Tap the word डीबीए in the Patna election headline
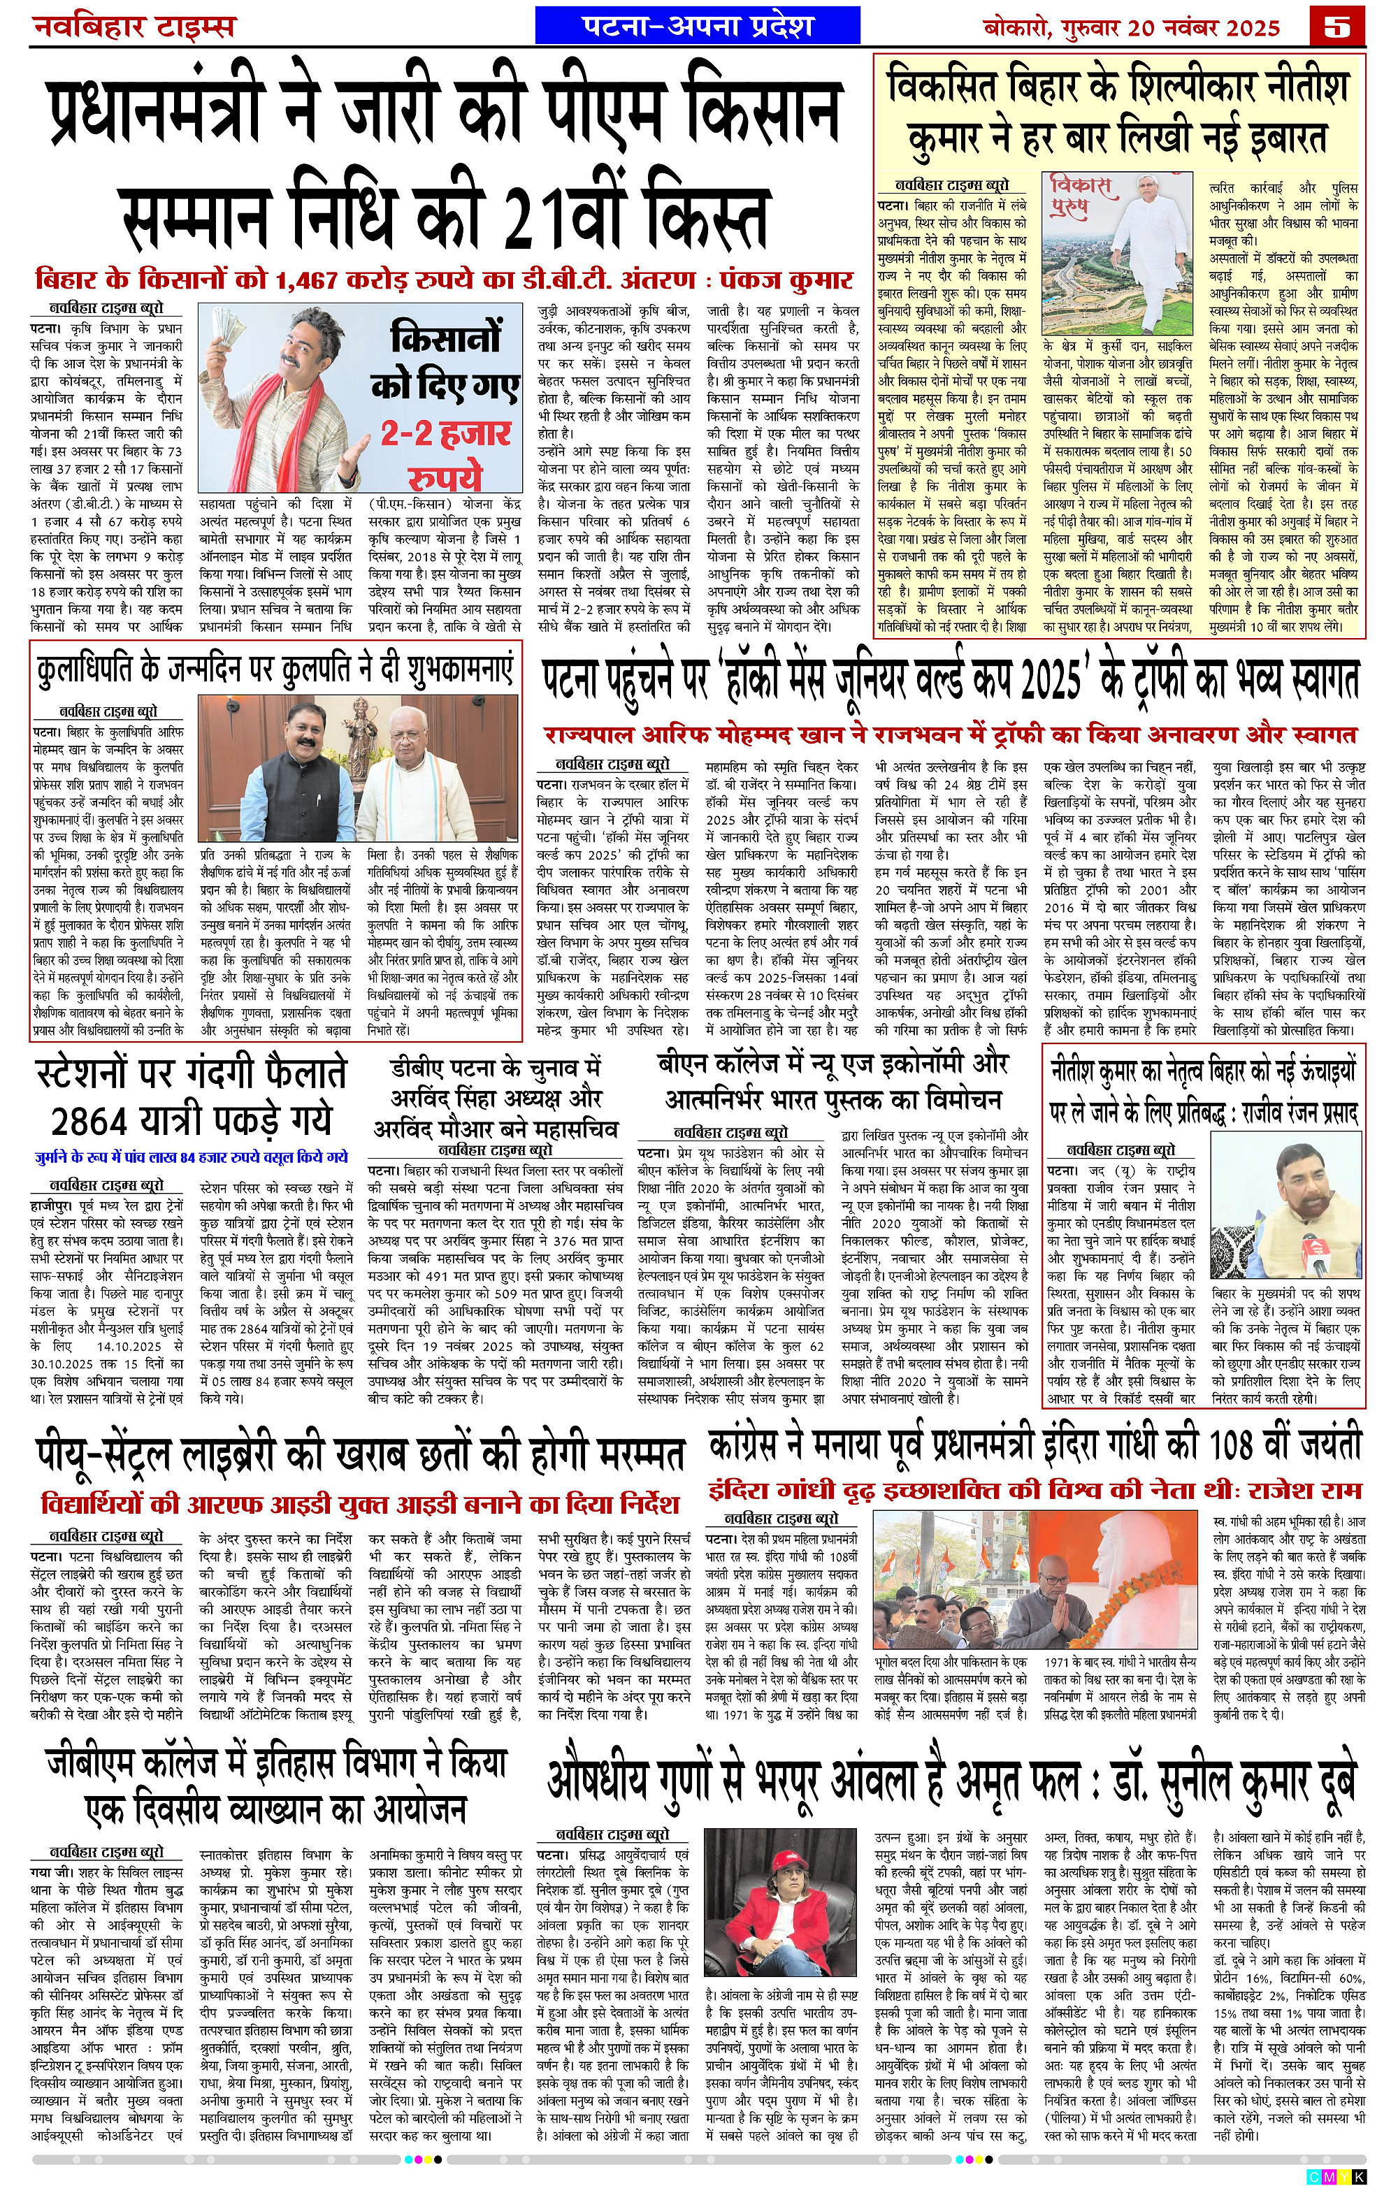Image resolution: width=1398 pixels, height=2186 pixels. pos(419,1068)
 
